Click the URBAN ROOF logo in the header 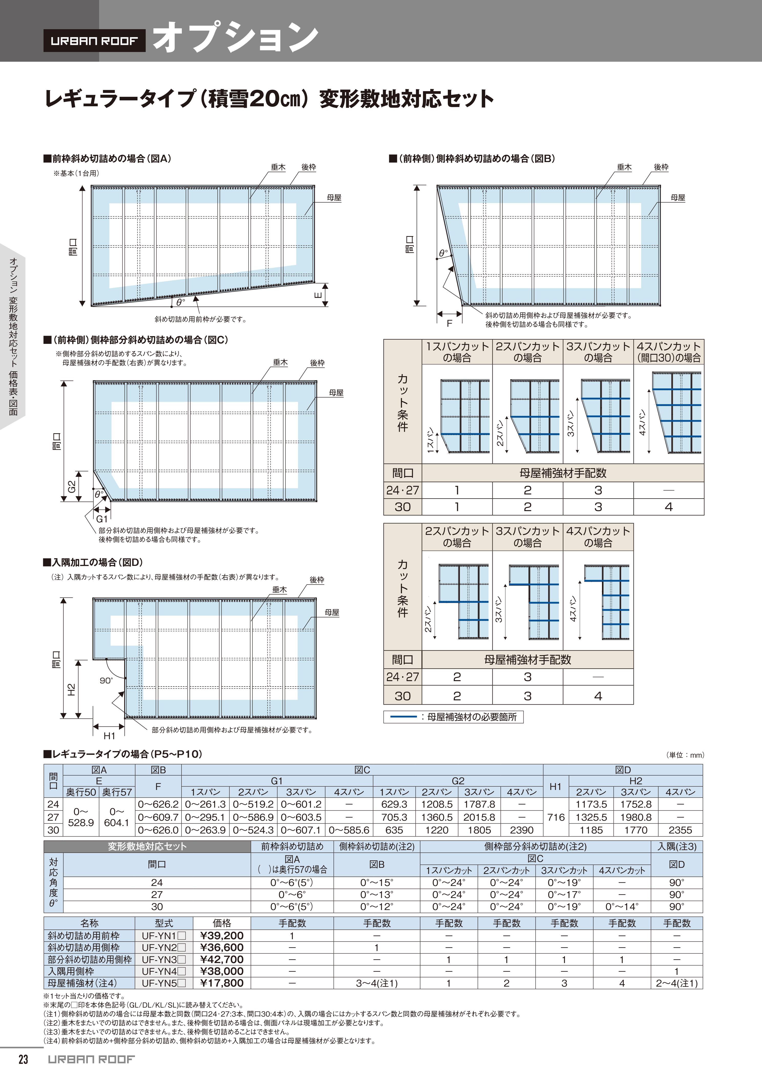click(x=94, y=41)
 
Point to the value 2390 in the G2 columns click(x=522, y=830)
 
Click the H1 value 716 click(x=556, y=817)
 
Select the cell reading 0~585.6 click(x=349, y=830)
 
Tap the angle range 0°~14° click(x=622, y=907)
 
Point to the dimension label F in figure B click(x=449, y=323)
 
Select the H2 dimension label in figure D click(x=71, y=690)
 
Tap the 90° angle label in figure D click(x=106, y=680)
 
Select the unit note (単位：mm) click(x=685, y=755)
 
